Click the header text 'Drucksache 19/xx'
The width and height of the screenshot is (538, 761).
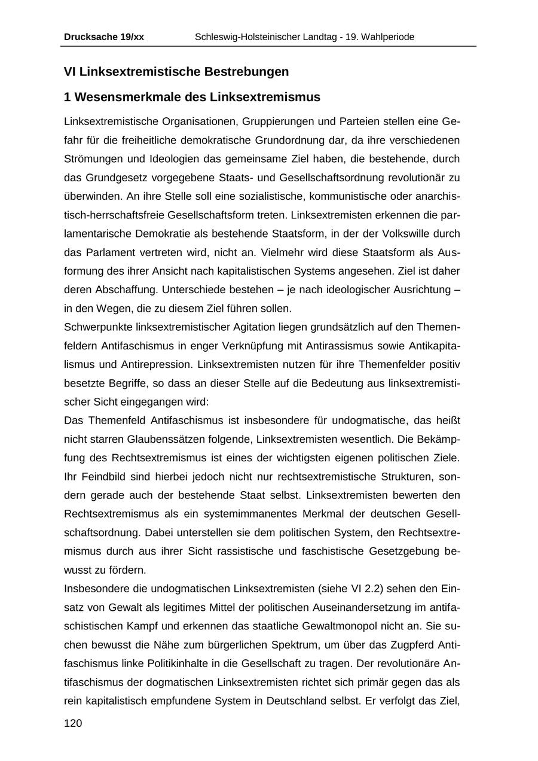[x=104, y=37]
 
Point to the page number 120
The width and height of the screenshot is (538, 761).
[x=73, y=723]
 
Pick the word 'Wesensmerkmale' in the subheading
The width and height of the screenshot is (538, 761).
[x=124, y=97]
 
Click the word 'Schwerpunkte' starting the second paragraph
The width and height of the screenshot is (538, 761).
[x=97, y=327]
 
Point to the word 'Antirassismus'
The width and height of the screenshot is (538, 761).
[x=340, y=346]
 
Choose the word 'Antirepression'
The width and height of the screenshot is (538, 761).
[x=157, y=364]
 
